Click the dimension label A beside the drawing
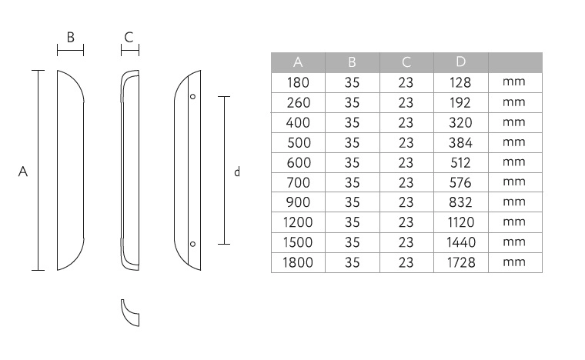(23, 172)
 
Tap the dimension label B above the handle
(71, 37)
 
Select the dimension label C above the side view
(129, 37)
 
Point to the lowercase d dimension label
(237, 172)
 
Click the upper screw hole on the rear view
(193, 96)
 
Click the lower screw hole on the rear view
(193, 244)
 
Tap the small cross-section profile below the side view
(130, 312)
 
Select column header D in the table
(461, 62)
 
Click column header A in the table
(298, 62)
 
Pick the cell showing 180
(298, 82)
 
